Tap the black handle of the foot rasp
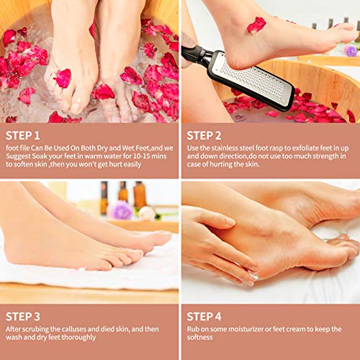pos(195,54)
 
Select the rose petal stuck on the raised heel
pos(256,25)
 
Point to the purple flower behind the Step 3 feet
pos(121,210)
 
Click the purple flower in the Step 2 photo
pos(350,51)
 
